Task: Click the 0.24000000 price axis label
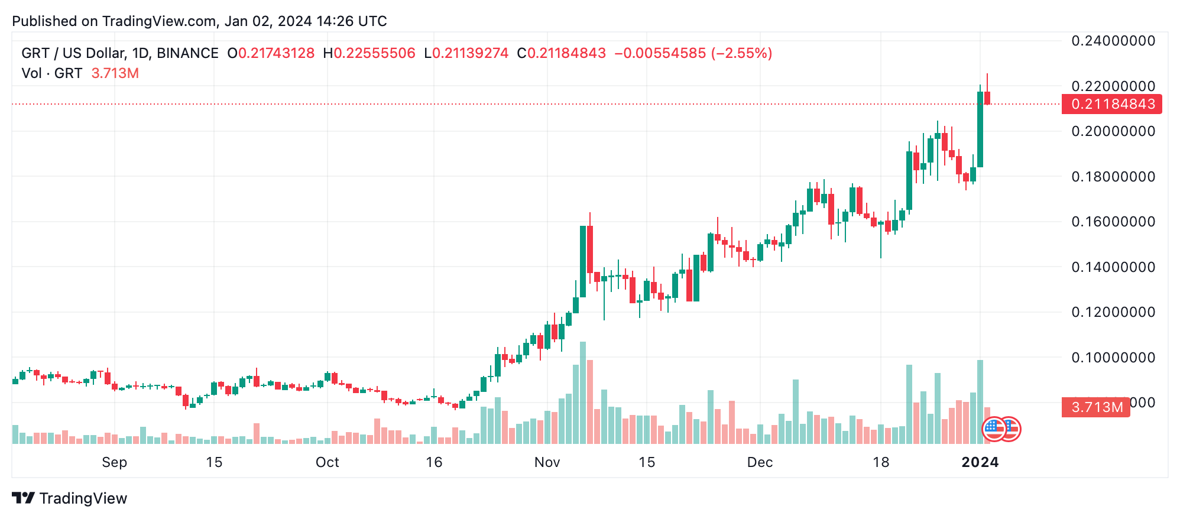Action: click(1113, 41)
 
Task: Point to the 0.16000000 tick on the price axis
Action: click(1113, 222)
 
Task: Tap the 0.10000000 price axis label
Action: click(1113, 358)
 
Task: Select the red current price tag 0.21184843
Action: click(1112, 104)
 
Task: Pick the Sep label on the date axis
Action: click(114, 462)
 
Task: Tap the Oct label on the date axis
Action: click(327, 462)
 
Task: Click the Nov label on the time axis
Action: click(547, 462)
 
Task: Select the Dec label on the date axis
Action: click(760, 462)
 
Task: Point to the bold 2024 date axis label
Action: click(980, 462)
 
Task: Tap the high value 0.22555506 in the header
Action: click(374, 53)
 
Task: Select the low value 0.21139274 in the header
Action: click(470, 53)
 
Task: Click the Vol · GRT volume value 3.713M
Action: click(115, 73)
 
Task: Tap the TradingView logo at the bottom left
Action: click(69, 498)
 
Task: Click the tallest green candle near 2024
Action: click(980, 129)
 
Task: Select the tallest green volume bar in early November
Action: click(583, 393)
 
